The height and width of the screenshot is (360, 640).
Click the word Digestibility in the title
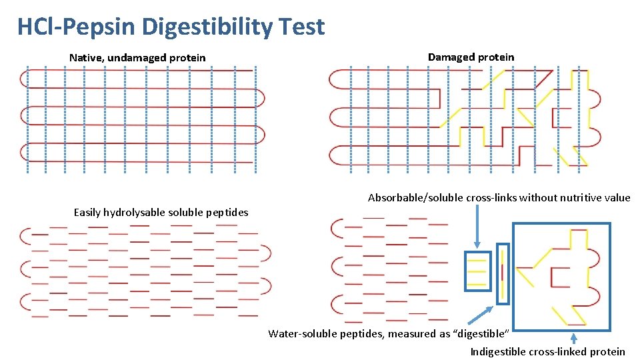point(207,27)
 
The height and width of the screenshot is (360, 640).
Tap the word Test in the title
point(302,27)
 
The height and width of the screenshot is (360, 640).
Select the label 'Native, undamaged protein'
point(137,58)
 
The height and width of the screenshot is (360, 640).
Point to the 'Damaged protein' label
point(471,57)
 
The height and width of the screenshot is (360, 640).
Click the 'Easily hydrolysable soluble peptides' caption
point(161,213)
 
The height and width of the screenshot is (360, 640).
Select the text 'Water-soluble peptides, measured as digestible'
point(389,333)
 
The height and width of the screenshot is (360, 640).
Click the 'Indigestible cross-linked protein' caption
point(547,352)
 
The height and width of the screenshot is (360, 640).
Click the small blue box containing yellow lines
point(477,271)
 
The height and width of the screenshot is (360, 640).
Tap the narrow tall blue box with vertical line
point(503,273)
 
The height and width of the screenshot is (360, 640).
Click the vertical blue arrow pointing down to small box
point(477,227)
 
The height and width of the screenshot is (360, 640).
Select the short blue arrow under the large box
point(573,338)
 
